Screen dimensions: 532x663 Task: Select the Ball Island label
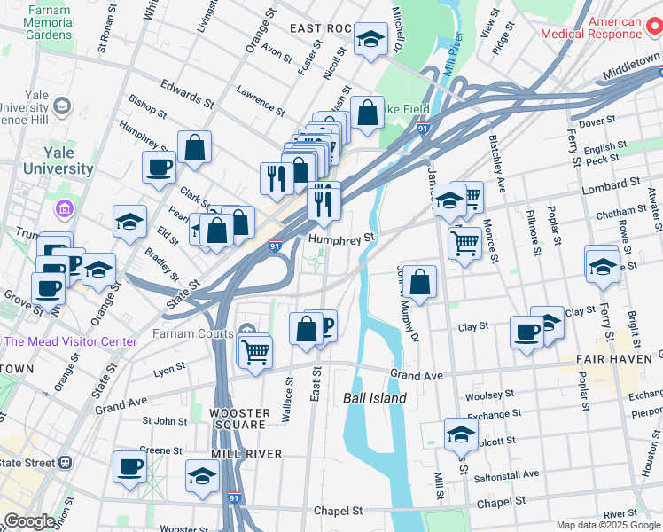(375, 399)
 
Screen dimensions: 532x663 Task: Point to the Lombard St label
(611, 184)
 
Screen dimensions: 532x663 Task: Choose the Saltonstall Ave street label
(504, 474)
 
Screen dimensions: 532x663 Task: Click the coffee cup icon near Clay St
(526, 332)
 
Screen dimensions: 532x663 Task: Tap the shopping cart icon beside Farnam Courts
(255, 351)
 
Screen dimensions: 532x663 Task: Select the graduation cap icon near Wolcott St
(461, 434)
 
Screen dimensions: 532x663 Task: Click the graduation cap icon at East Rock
(370, 39)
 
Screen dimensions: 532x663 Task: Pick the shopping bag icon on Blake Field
(367, 113)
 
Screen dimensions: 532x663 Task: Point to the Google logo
(29, 521)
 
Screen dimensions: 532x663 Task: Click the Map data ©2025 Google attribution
(608, 525)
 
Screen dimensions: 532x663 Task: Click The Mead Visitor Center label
(71, 341)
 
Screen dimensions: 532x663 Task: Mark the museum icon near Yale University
(64, 210)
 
